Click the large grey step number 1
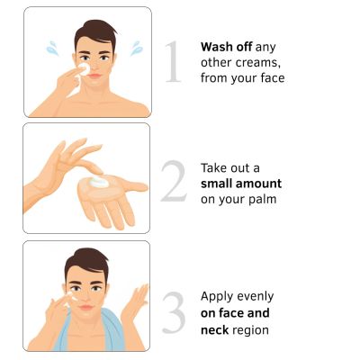point(174,61)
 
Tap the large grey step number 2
point(174,181)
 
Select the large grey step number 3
point(174,312)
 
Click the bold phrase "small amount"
point(241,184)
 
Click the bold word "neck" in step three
point(215,330)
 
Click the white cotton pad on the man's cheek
point(84,69)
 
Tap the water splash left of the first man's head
point(52,49)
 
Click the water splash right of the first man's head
point(136,49)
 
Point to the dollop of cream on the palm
point(99,182)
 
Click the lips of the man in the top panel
point(94,76)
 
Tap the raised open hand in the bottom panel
point(135,303)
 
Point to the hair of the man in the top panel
point(95,33)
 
